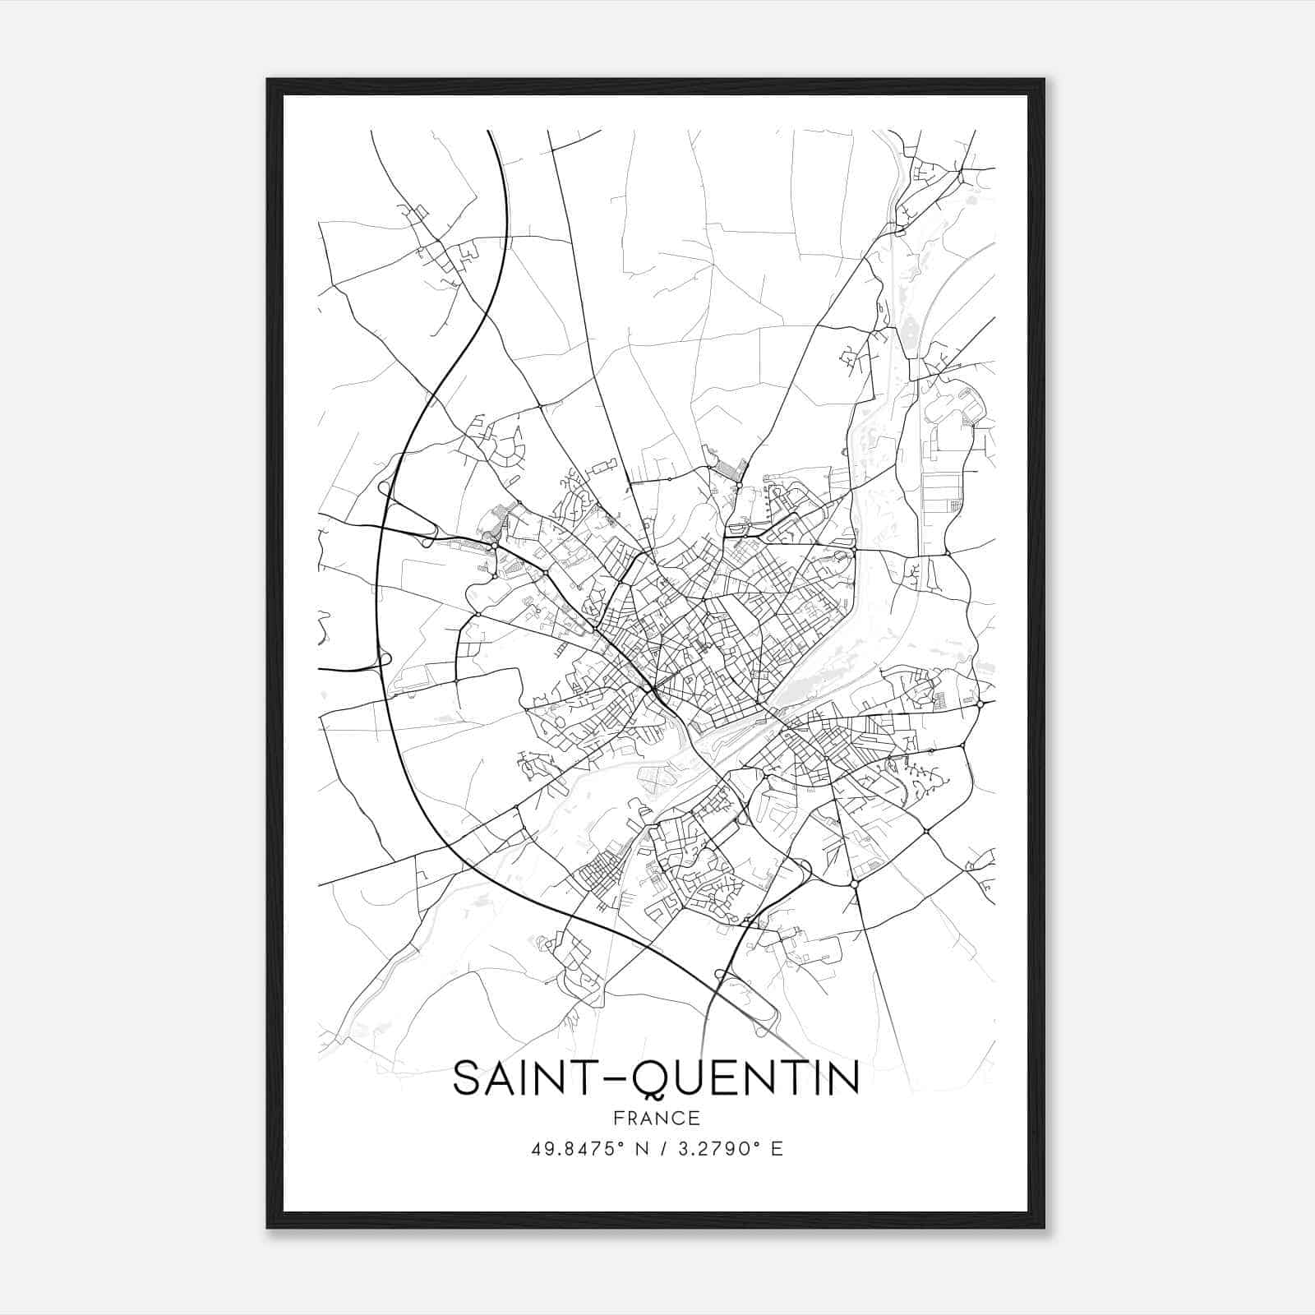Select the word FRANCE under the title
click(x=656, y=1119)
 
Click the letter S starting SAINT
click(x=466, y=1078)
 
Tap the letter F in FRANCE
click(x=617, y=1119)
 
